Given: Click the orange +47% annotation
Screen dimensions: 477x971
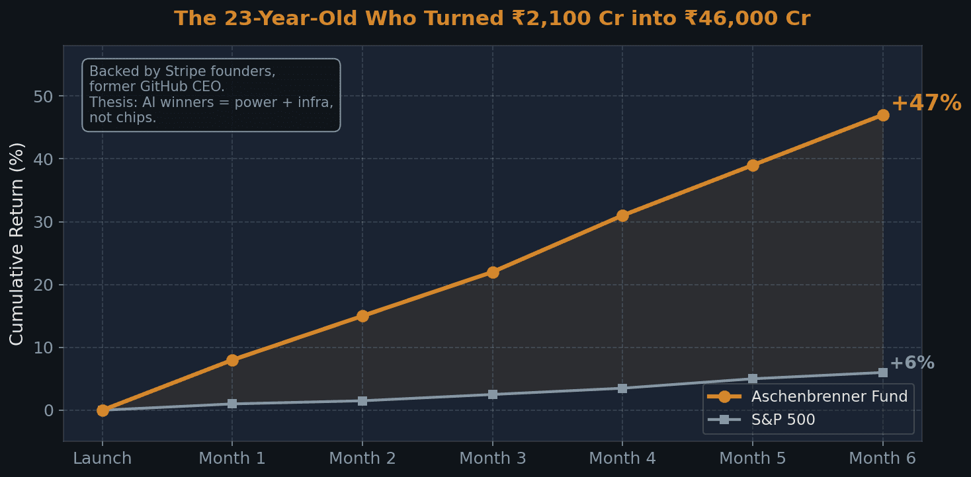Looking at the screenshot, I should pyautogui.click(x=925, y=104).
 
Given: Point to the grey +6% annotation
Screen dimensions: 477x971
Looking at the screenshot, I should pyautogui.click(x=911, y=363).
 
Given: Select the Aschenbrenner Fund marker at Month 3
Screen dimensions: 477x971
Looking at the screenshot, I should pyautogui.click(x=493, y=272).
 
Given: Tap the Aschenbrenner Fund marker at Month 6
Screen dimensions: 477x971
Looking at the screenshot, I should pyautogui.click(x=883, y=115).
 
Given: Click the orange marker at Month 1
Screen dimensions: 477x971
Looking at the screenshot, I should pyautogui.click(x=232, y=360).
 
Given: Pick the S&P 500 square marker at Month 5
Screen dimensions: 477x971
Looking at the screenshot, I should pyautogui.click(x=753, y=379).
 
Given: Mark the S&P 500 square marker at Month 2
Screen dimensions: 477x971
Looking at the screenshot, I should pyautogui.click(x=362, y=401).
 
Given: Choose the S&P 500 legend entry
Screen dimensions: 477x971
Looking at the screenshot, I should pyautogui.click(x=782, y=420).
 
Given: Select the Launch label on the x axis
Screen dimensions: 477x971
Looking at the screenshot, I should pyautogui.click(x=103, y=458).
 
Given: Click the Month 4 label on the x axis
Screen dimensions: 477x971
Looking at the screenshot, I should pyautogui.click(x=622, y=458).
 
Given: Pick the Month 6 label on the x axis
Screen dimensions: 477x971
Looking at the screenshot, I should pyautogui.click(x=882, y=458).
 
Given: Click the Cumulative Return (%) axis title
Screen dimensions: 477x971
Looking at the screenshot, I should pyautogui.click(x=17, y=243).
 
